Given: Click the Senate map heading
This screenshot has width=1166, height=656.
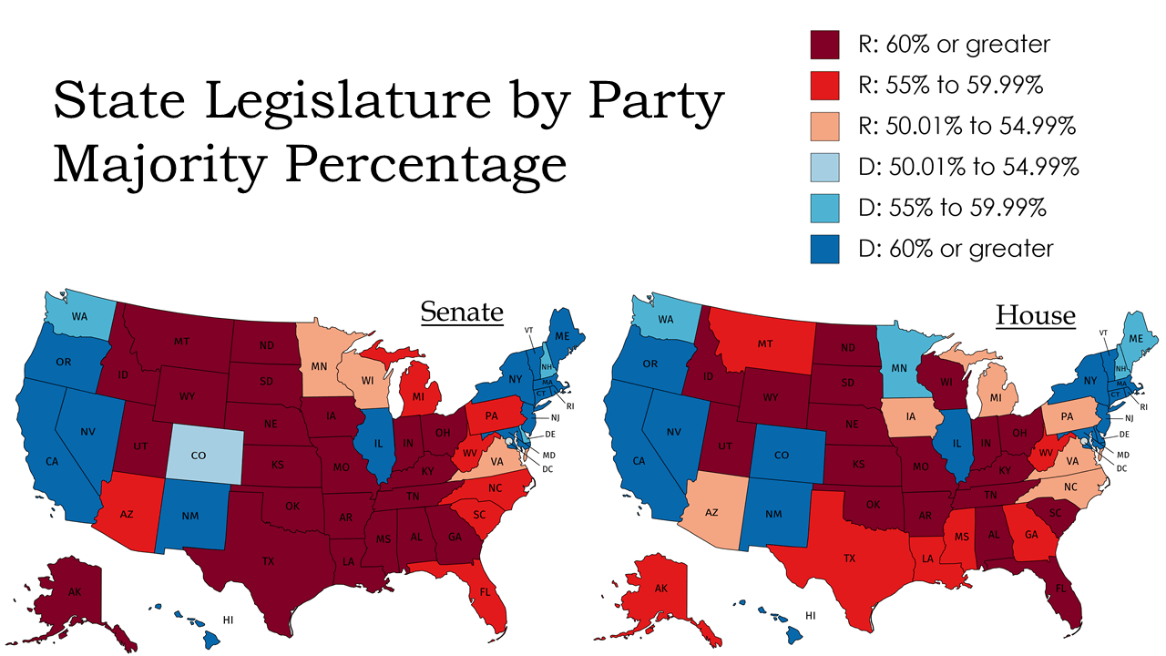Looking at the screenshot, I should click(x=461, y=313).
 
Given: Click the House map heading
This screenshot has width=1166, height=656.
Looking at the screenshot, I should click(x=1035, y=315).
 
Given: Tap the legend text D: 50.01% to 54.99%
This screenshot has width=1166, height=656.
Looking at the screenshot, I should click(x=969, y=167).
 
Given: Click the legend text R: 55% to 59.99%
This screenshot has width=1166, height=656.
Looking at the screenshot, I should click(x=951, y=85).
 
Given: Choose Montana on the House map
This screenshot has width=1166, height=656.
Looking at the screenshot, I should click(x=766, y=344).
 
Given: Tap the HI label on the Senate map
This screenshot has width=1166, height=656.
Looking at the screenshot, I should click(x=228, y=620).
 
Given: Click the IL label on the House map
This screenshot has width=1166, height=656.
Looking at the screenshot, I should click(x=956, y=446).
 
